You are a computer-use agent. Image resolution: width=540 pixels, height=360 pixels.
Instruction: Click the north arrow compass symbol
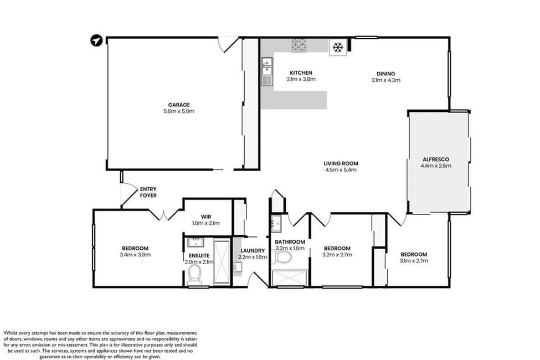coord(96,40)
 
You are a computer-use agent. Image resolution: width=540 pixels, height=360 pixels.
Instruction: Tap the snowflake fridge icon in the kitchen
coord(337,48)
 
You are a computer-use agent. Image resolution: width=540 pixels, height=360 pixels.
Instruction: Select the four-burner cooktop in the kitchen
coord(299,45)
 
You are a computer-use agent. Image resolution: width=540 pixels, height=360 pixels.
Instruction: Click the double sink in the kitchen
coord(267,66)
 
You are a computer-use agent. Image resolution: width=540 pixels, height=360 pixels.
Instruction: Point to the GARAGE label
coord(179,105)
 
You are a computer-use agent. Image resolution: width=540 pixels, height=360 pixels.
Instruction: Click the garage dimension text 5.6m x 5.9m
coord(179,111)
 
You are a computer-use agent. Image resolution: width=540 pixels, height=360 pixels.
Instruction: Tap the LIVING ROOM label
coord(341,163)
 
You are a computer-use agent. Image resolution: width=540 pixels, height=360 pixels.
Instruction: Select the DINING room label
coord(385,73)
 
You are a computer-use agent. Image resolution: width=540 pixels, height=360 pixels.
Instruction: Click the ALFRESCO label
coord(436,159)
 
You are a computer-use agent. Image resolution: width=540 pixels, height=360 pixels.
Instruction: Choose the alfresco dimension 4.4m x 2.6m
coord(436,166)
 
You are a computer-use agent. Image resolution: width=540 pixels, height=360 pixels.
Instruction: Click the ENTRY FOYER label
coord(148,192)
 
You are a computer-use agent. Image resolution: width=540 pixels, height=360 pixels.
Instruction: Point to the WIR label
coord(206,217)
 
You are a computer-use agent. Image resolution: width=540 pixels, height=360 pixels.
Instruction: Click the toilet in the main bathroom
coord(282,256)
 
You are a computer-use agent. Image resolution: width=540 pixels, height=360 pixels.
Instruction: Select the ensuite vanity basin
coord(196,242)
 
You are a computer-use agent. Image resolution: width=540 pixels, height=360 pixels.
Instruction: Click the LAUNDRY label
coord(253,250)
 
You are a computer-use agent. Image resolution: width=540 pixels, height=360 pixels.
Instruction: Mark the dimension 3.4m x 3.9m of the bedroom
coord(135,255)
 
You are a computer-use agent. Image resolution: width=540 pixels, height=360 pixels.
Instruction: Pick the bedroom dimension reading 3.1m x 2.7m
coord(414,261)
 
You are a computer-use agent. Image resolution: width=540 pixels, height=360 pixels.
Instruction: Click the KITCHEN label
coord(301,73)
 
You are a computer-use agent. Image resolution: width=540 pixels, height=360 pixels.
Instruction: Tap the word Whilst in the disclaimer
coord(11,333)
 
